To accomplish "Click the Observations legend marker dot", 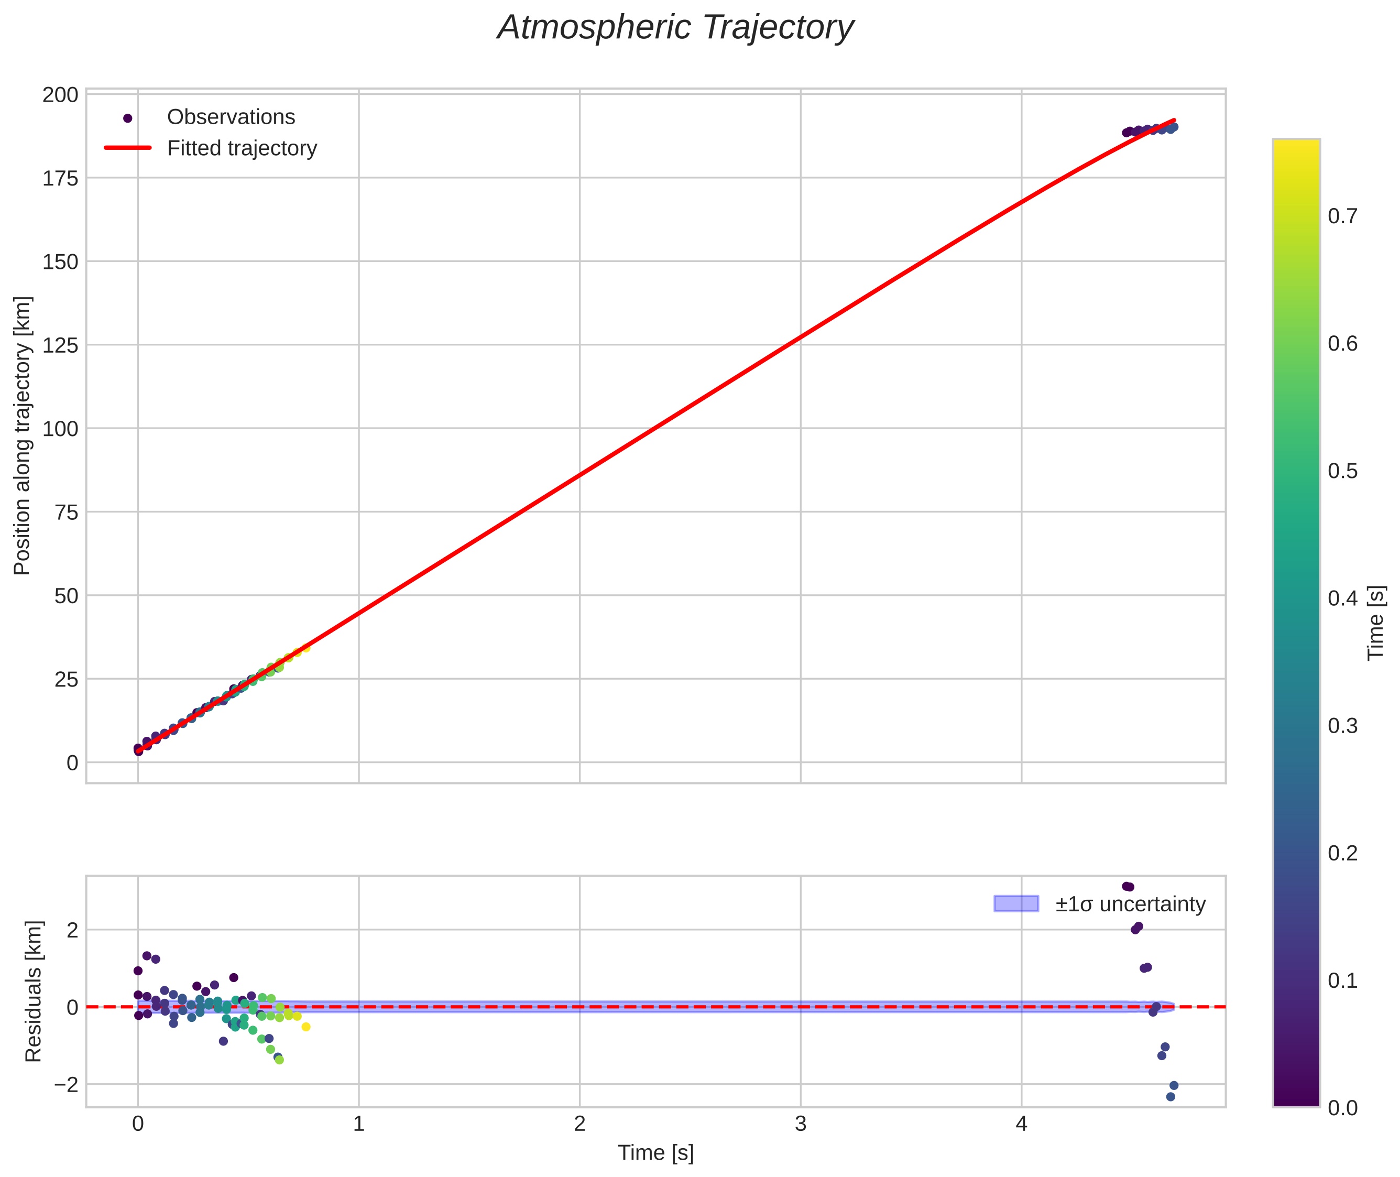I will point(128,118).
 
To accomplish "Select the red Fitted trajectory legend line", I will point(128,148).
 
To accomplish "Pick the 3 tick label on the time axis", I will point(801,1124).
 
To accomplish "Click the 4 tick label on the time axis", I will point(1021,1124).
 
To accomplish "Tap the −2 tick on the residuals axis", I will point(66,1084).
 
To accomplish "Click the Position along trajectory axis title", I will point(22,435).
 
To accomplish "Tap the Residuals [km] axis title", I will point(34,991).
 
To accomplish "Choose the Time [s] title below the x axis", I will point(655,1153).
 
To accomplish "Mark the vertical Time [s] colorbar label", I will point(1375,623).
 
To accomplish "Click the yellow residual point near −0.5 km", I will point(306,1027).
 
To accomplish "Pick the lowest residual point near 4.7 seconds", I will point(1170,1097).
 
